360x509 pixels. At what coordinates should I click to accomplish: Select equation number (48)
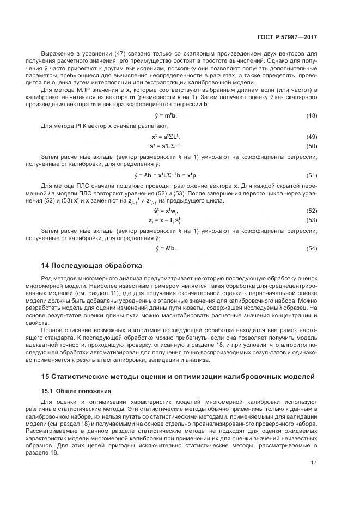(x=312, y=116)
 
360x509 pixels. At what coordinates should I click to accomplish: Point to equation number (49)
(x=312, y=136)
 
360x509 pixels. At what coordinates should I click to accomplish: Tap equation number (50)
(x=312, y=146)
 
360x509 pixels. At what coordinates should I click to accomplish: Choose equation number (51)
(x=312, y=175)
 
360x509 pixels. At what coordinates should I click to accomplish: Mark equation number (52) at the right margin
(x=312, y=210)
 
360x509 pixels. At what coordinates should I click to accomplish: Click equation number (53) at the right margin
(x=312, y=220)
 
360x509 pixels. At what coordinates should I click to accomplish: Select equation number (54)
(x=312, y=249)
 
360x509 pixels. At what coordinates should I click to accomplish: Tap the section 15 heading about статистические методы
(x=178, y=377)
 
